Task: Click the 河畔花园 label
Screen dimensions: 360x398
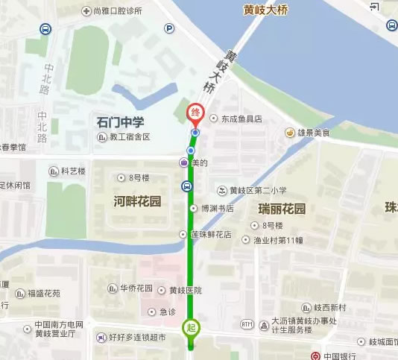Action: click(137, 202)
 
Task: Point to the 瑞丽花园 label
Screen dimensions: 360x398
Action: click(282, 209)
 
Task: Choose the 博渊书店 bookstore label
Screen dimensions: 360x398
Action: click(216, 209)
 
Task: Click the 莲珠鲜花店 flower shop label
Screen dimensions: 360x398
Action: click(210, 235)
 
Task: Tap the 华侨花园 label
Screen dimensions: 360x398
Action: click(136, 288)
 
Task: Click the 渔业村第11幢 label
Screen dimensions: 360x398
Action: click(278, 240)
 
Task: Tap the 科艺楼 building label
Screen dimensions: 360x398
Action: click(73, 171)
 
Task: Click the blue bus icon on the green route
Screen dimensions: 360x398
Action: click(186, 186)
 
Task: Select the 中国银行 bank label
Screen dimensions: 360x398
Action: click(341, 356)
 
